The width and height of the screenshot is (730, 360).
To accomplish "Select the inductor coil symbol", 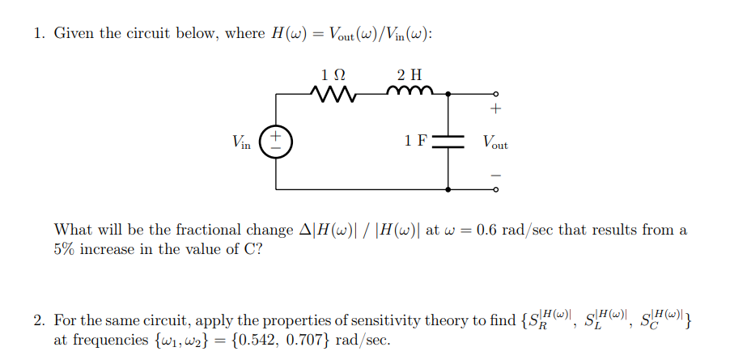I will [x=404, y=92].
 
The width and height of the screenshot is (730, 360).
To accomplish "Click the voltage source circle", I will [x=276, y=142].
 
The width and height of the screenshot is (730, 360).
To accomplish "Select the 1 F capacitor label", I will [x=415, y=141].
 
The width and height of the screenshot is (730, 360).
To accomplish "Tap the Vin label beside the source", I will [x=241, y=142].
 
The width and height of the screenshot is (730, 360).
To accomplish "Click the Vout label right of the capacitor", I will [x=495, y=142].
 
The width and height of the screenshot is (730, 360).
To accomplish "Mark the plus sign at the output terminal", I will [x=496, y=108].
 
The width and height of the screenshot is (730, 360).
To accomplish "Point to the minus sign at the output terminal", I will [x=496, y=175].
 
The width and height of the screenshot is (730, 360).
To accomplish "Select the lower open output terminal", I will [x=496, y=190].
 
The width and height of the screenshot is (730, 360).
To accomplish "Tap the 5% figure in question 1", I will [x=65, y=248].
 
